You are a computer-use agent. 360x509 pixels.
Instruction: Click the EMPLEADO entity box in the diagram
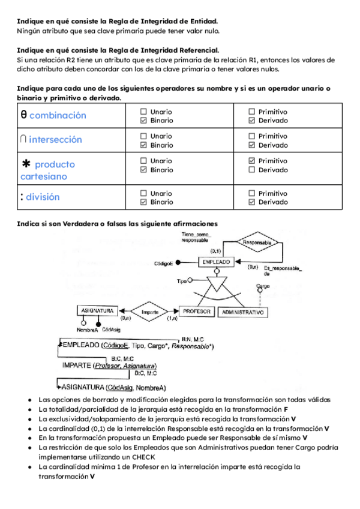[216, 262]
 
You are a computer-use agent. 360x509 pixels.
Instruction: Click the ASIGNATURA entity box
[95, 311]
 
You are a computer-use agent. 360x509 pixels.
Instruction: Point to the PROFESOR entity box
[196, 312]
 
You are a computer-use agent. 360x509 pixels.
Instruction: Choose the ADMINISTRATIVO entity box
[243, 313]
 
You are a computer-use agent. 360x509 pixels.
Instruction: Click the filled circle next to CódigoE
[178, 263]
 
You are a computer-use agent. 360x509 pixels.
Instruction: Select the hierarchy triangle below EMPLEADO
[215, 281]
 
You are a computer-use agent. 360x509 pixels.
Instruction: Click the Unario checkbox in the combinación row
[143, 112]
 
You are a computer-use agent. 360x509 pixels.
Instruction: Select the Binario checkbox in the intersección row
[143, 145]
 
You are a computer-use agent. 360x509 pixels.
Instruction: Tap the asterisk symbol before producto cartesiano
[26, 164]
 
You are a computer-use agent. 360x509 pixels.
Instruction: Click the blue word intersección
[55, 139]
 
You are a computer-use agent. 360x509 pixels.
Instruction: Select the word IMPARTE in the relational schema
[76, 365]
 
